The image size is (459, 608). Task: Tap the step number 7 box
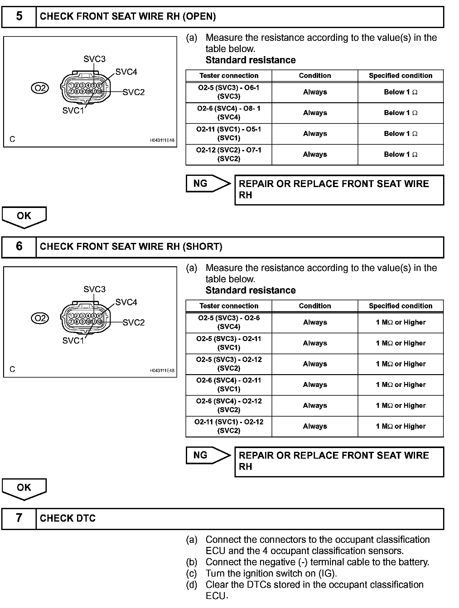pos(19,518)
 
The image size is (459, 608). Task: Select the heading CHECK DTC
pos(68,518)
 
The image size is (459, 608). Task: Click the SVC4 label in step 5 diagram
pos(126,72)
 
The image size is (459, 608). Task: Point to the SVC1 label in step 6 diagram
pos(73,340)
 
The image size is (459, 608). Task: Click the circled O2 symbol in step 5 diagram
pos(40,88)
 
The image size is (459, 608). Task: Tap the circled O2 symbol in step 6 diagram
pos(40,318)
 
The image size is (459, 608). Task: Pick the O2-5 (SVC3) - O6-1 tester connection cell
pos(229,92)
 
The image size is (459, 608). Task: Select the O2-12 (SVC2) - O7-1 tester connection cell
pos(229,154)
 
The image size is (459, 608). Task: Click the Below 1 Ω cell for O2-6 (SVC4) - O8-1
pos(400,113)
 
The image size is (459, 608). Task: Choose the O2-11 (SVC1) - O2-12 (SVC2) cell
pos(229,426)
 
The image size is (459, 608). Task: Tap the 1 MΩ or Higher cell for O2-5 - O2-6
pos(400,322)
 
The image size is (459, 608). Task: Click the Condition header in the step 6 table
pos(315,306)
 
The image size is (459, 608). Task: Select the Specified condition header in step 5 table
pos(400,75)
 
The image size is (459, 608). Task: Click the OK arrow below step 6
pos(24,488)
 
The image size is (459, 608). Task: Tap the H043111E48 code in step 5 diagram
pos(162,140)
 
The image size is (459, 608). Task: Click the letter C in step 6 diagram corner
pos(12,369)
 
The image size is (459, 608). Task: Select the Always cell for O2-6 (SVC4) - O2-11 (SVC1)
pos(315,385)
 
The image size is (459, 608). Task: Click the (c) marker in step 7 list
pos(191,573)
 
